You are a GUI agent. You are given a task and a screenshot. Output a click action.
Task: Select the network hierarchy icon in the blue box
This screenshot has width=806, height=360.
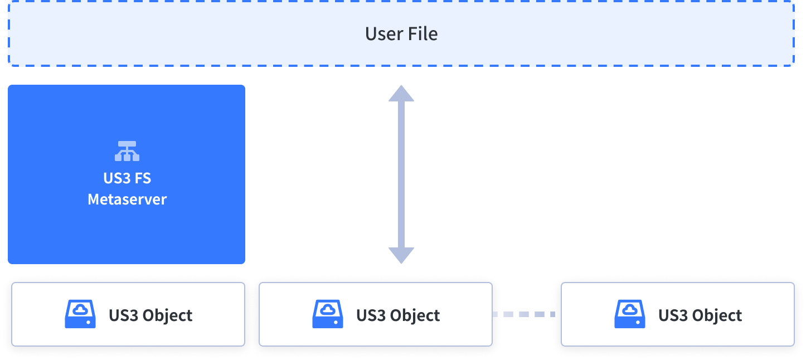click(x=127, y=151)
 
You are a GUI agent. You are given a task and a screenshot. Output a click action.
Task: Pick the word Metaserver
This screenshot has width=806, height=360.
click(x=127, y=200)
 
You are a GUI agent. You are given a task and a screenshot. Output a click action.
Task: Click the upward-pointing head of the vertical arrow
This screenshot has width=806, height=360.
click(x=401, y=94)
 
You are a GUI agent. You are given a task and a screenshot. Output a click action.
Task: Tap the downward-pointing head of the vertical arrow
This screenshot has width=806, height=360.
click(x=401, y=256)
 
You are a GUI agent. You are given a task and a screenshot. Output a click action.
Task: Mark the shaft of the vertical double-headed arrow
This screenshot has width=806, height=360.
click(x=401, y=174)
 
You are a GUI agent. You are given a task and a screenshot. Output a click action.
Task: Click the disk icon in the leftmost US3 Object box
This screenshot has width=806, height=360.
click(x=80, y=314)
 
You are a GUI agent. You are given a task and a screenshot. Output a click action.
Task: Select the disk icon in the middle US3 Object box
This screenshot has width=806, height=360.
click(x=328, y=314)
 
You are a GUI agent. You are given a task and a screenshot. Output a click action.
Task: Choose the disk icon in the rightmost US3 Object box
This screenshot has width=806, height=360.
click(x=630, y=314)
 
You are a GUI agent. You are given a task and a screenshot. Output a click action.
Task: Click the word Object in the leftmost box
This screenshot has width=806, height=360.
click(x=167, y=316)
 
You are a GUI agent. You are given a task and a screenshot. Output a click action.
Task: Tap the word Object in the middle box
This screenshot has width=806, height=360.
click(x=415, y=316)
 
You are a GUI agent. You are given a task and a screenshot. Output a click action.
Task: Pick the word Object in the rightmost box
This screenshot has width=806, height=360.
click(x=717, y=316)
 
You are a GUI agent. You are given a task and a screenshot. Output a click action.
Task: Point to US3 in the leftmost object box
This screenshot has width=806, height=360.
click(x=123, y=315)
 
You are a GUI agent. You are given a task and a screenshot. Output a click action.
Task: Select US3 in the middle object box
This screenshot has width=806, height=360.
click(x=371, y=315)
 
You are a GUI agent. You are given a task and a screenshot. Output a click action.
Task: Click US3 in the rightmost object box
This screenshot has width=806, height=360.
click(x=673, y=315)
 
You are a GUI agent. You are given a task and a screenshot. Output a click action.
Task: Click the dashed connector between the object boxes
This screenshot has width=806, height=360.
click(x=524, y=314)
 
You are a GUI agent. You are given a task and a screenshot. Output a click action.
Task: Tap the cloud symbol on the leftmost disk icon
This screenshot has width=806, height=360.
click(x=80, y=309)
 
